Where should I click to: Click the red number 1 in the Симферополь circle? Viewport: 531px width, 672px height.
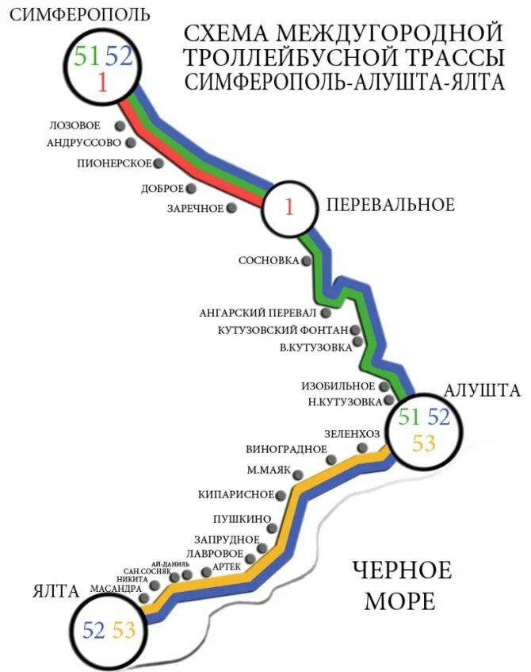(102, 81)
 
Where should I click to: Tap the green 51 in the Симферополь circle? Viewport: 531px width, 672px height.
(87, 56)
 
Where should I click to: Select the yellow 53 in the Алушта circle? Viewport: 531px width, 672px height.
(424, 443)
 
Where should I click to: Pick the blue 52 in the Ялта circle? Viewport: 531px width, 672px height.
(94, 630)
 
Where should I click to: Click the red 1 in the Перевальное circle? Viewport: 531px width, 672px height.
(289, 208)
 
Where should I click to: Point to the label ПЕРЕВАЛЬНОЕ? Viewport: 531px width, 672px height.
(391, 205)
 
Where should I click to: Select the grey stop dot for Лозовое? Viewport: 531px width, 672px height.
(120, 125)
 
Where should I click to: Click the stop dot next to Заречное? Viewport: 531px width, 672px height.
(231, 208)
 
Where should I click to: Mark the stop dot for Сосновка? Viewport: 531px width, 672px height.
(307, 260)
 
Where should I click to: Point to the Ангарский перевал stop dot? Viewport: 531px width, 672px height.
(326, 313)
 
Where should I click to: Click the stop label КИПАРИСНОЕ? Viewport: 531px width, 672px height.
(235, 495)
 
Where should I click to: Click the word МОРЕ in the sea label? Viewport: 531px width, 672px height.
(399, 601)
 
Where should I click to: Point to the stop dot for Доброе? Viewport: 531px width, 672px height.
(190, 188)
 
